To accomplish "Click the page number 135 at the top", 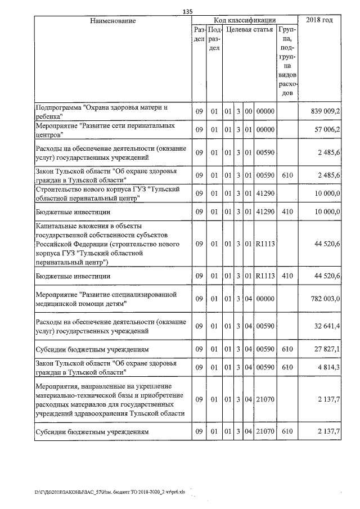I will coord(188,11).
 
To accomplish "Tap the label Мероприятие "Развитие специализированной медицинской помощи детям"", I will coord(106,299).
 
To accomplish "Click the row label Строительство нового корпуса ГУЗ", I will coord(105,194).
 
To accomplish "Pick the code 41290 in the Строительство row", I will coord(264,194).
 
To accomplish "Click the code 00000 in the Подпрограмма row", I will coord(264,112).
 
